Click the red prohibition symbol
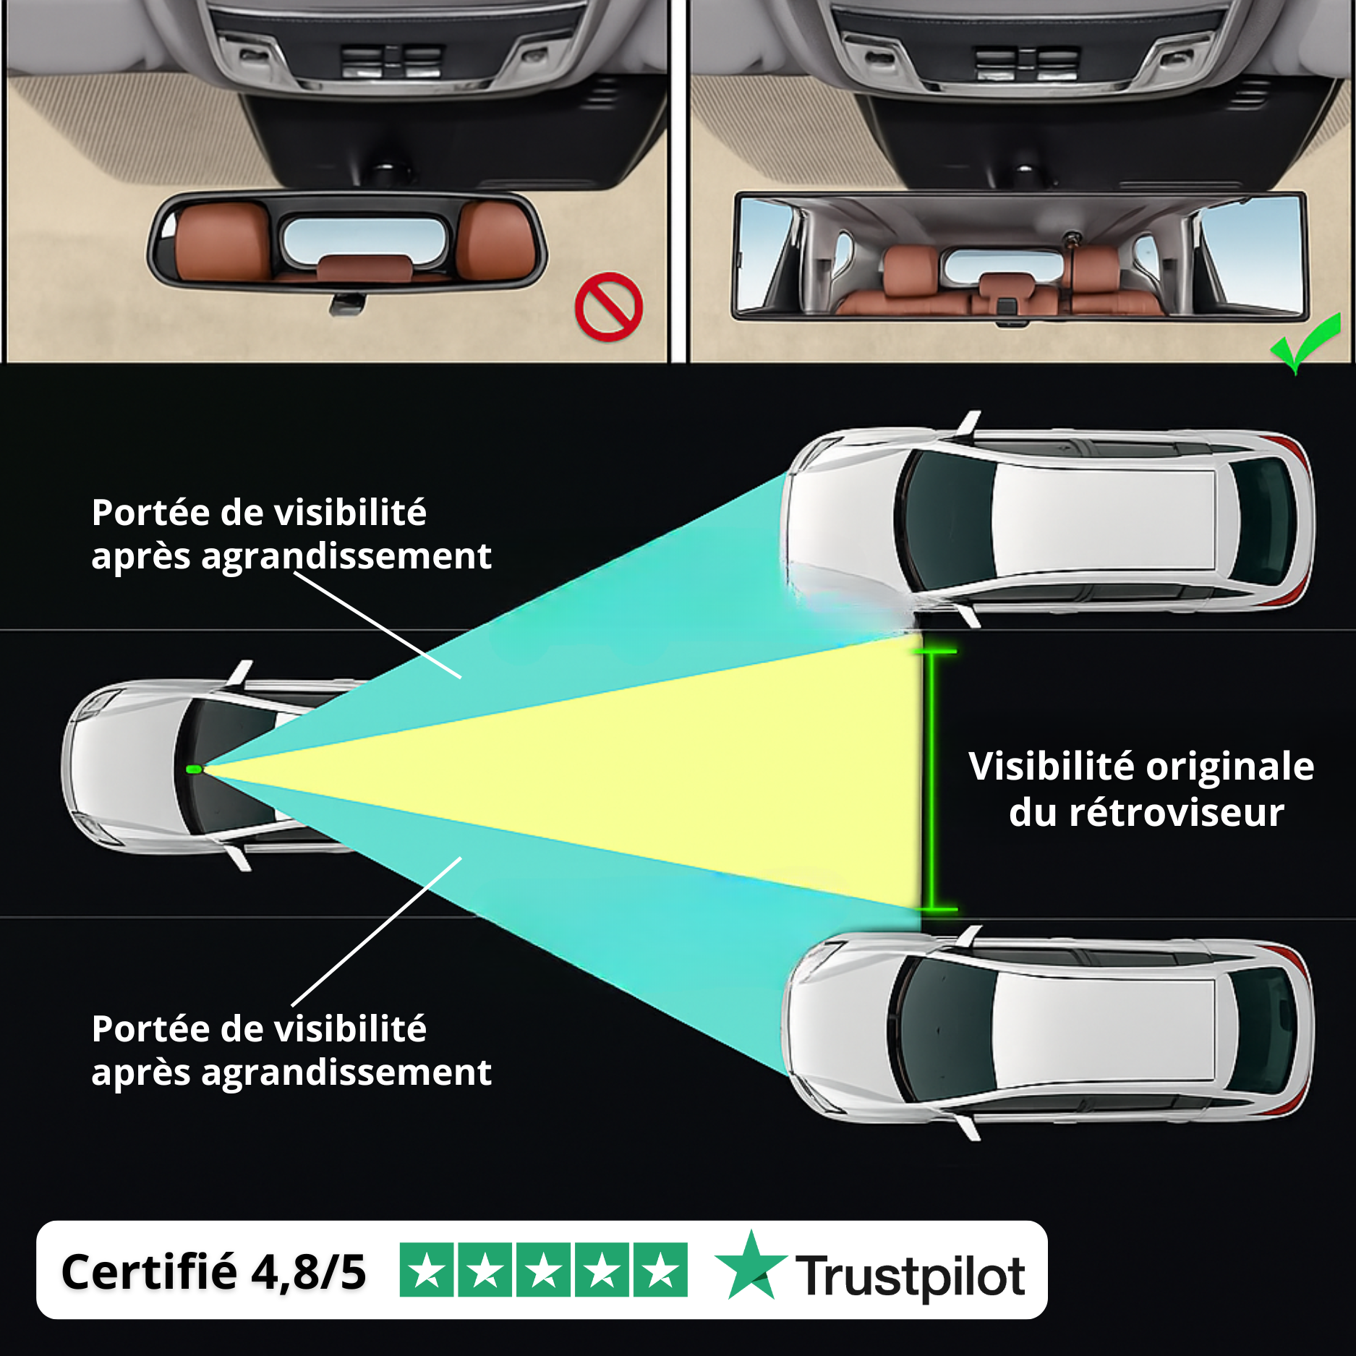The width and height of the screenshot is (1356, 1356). tap(608, 307)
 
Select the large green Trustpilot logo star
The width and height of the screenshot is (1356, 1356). tap(751, 1267)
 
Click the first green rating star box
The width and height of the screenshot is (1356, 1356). tap(427, 1270)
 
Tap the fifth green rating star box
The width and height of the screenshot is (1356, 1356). tap(660, 1270)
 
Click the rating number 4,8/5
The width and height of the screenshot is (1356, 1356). tap(309, 1272)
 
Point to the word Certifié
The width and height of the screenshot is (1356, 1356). tap(148, 1272)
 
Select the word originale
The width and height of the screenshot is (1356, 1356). tap(1229, 767)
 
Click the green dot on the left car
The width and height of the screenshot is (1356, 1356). tap(194, 769)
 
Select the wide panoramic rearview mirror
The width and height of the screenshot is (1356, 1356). tap(1020, 257)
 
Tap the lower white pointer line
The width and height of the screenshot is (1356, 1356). tap(376, 933)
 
